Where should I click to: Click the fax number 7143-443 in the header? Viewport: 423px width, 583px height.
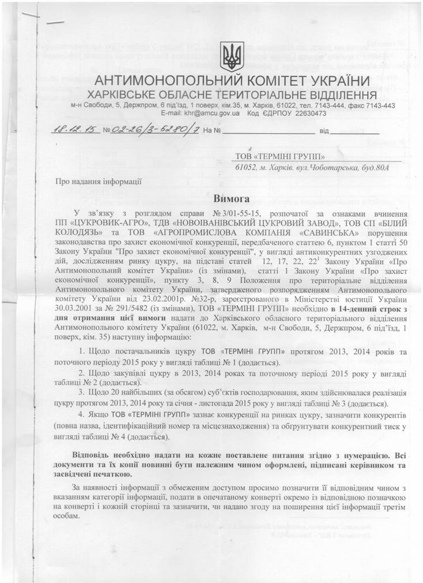[x=380, y=106]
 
